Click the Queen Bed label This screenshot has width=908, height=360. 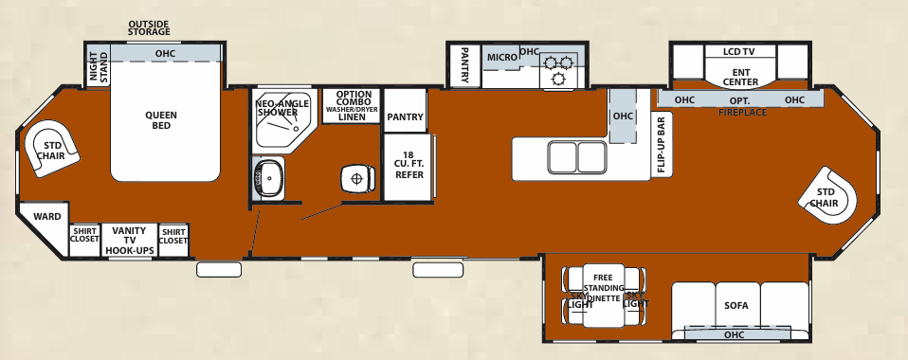(x=161, y=120)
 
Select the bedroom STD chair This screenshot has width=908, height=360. (x=50, y=150)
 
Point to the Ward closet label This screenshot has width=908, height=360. (x=46, y=217)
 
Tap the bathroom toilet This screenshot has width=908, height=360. (x=356, y=176)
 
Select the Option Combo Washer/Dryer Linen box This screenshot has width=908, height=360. (x=351, y=105)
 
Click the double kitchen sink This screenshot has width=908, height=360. (x=577, y=155)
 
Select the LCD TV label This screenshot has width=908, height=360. (x=740, y=51)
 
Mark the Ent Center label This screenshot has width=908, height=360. (x=740, y=76)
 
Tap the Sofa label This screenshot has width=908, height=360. (x=735, y=306)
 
